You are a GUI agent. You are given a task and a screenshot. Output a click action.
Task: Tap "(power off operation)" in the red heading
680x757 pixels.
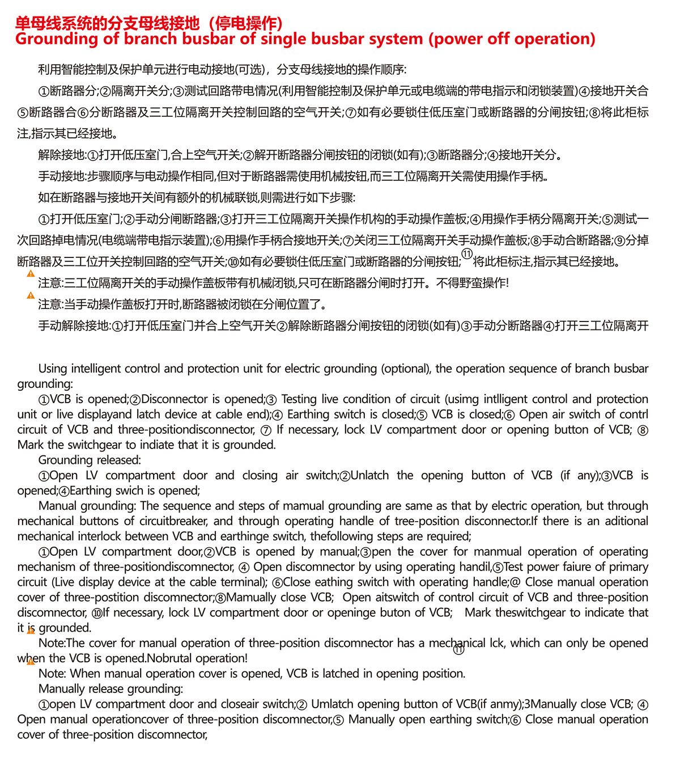[512, 39]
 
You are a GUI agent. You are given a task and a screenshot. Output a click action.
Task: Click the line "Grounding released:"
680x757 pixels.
[90, 460]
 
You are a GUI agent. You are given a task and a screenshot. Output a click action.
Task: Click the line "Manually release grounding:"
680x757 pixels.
[110, 689]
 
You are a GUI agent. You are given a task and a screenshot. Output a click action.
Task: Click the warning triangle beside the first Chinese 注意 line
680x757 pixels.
[31, 273]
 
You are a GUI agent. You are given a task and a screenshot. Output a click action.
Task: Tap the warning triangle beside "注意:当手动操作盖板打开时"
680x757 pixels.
[31, 295]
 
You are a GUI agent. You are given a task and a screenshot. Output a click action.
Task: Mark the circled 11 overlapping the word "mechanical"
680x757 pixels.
[458, 650]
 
